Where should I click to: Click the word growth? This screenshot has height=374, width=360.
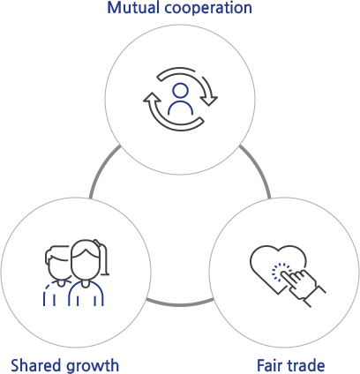click(92, 366)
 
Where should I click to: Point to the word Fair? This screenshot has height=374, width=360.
click(269, 365)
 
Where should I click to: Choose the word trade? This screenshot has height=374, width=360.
click(305, 365)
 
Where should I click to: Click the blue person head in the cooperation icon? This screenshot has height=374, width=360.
click(180, 90)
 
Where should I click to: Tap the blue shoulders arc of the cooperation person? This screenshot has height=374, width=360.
click(180, 108)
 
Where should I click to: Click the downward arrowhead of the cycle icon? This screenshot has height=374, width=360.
click(210, 101)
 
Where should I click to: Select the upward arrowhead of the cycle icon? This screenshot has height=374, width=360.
click(152, 97)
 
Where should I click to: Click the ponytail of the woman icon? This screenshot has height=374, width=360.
click(103, 258)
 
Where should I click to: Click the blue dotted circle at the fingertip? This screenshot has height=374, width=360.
click(281, 273)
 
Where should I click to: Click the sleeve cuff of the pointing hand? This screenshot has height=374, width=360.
click(315, 296)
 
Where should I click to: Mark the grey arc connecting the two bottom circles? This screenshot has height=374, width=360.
click(180, 303)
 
